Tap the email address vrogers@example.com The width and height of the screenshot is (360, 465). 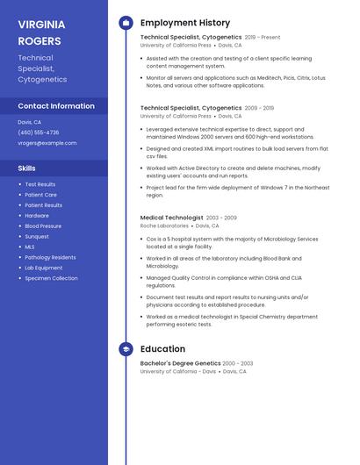pos(47,143)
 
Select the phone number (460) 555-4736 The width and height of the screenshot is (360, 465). pos(39,132)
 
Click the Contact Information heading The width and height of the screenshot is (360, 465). pos(56,106)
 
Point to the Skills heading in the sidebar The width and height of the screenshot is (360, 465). pos(27,168)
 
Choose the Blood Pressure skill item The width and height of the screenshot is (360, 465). pos(43,225)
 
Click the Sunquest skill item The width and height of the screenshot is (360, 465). pos(37,236)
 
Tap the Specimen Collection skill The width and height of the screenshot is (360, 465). pos(51,278)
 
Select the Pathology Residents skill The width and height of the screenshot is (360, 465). pos(50,257)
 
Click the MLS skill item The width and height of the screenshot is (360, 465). pos(30,247)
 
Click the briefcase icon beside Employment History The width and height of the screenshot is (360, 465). pos(126,23)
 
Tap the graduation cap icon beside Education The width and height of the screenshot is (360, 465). pos(126,349)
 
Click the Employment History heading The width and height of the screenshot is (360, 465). pos(185,23)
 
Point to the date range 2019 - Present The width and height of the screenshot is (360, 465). pos(263,38)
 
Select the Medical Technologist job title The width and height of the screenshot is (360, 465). pos(171,218)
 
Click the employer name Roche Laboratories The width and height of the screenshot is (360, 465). pos(164,225)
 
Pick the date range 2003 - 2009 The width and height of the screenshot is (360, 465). pos(221,218)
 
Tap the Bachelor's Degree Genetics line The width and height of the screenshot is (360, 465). pos(180,363)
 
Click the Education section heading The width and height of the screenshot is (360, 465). pos(162,349)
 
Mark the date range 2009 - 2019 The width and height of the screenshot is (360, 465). pos(259,108)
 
